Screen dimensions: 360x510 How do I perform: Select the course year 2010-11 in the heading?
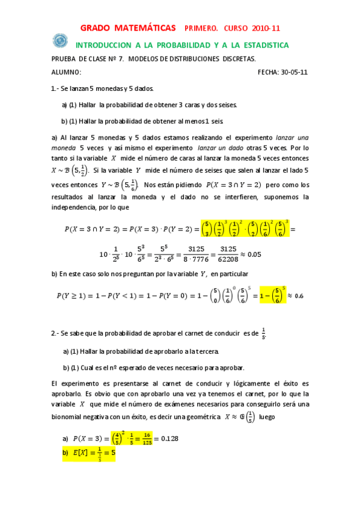(x=264, y=28)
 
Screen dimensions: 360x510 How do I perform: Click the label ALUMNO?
(x=67, y=72)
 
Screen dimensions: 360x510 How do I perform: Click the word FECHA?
(x=268, y=72)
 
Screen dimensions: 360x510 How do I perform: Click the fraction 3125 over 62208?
(x=225, y=254)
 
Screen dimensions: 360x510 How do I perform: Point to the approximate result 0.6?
(x=299, y=296)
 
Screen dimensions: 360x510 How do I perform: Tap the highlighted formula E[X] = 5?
(x=93, y=453)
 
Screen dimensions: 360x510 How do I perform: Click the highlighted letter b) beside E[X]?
(x=66, y=453)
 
